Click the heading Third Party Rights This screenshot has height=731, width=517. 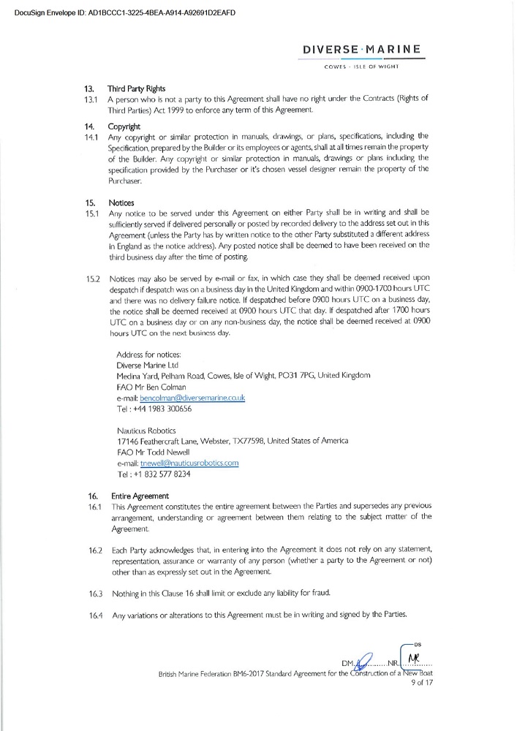[x=137, y=88]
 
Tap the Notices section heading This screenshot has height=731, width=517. [x=121, y=202]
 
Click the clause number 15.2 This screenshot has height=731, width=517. [x=93, y=279]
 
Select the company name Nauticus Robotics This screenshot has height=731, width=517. [x=146, y=430]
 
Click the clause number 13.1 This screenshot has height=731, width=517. [x=93, y=98]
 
